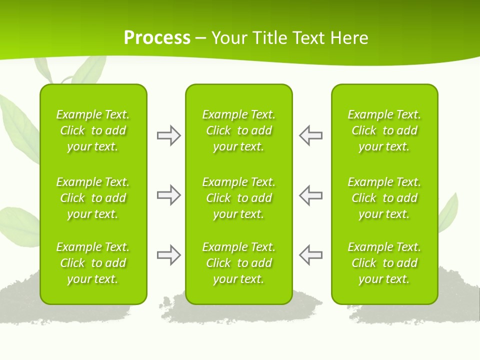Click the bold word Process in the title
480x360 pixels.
tap(157, 38)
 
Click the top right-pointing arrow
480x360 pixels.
tap(168, 135)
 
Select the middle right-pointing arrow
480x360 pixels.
tap(168, 195)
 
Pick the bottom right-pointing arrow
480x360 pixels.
tap(168, 255)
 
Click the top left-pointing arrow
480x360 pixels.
tap(310, 135)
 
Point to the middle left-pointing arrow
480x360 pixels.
tap(310, 195)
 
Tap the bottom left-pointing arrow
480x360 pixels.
tap(310, 255)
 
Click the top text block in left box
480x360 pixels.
tap(93, 130)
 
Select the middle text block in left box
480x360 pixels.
tap(93, 198)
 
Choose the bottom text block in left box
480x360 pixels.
tap(93, 263)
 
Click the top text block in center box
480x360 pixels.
tap(238, 130)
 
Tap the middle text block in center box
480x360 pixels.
tap(238, 198)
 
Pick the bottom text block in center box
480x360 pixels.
tap(238, 263)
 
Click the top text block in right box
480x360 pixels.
tap(384, 130)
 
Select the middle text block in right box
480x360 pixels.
tap(384, 198)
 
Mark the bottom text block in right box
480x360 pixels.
tap(384, 263)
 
